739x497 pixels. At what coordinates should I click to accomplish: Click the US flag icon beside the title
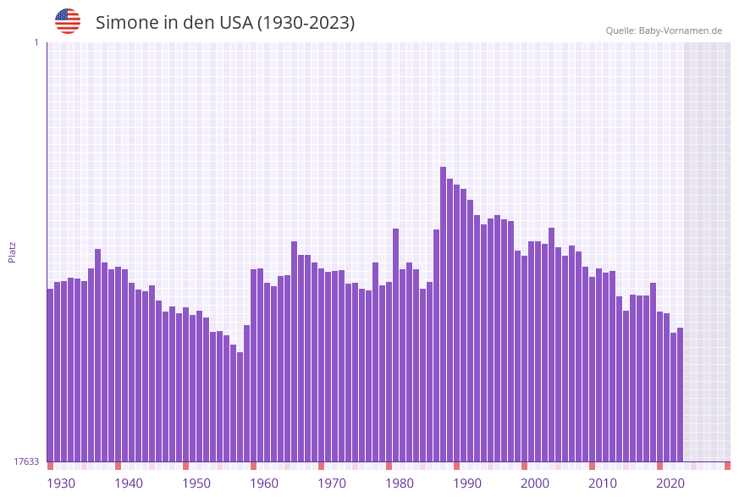tap(68, 21)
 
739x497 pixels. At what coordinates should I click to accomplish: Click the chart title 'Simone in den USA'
tap(225, 23)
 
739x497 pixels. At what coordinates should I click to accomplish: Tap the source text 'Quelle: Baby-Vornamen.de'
tap(664, 30)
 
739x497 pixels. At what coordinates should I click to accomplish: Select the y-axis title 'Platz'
tap(12, 251)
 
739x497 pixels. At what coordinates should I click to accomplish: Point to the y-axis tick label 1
tap(36, 42)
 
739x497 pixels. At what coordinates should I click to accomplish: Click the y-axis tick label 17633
tap(26, 461)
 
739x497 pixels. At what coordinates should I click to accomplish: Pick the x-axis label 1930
tap(61, 483)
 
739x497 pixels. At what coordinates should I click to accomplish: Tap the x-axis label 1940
tap(129, 483)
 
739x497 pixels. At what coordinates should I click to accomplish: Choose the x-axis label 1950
tap(196, 483)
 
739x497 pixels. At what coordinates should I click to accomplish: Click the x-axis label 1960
tap(264, 483)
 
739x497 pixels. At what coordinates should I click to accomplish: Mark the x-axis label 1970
tap(332, 483)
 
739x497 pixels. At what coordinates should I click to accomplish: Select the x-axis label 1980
tap(400, 483)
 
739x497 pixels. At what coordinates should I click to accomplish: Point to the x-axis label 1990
tap(467, 483)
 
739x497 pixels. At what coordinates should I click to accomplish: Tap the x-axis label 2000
tap(535, 483)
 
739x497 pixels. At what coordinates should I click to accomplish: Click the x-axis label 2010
tap(603, 483)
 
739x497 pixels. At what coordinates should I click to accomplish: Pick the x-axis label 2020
tap(670, 483)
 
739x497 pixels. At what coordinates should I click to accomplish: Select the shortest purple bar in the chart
tap(240, 406)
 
